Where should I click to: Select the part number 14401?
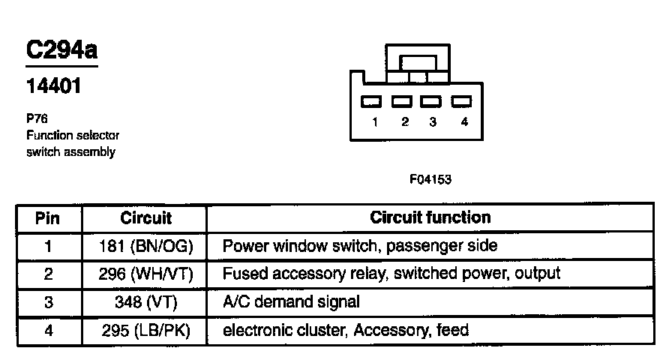click(x=54, y=85)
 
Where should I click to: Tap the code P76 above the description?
click(x=36, y=118)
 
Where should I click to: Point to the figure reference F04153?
click(x=430, y=179)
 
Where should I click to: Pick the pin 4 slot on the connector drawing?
click(x=461, y=101)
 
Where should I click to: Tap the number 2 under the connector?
click(x=404, y=122)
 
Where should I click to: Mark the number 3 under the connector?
click(x=433, y=122)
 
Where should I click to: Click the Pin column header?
click(x=48, y=218)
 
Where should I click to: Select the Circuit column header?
click(x=145, y=218)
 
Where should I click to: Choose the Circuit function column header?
click(x=430, y=217)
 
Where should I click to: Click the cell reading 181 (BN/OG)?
click(x=145, y=245)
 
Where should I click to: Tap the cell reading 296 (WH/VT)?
click(x=145, y=274)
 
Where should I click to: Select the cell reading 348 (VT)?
click(x=145, y=302)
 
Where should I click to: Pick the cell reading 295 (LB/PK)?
click(x=145, y=330)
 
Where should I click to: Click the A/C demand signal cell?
click(x=291, y=302)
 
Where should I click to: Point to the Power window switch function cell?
click(x=359, y=245)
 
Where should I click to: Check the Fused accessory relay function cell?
click(x=391, y=274)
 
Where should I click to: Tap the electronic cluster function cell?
click(x=345, y=330)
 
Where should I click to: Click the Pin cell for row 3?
click(x=48, y=302)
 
